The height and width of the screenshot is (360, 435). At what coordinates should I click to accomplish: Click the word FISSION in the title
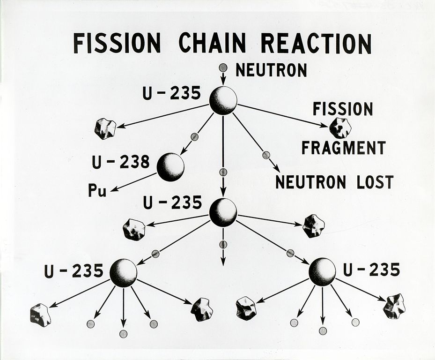pos(117,43)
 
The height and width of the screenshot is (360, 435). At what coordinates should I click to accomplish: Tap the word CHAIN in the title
pos(213,43)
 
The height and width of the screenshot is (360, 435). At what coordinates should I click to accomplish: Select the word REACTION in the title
pos(316,43)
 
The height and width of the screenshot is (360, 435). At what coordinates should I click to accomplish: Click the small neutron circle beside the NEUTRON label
pos(223,67)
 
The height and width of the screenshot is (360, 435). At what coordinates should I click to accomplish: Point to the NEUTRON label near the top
pos(271,70)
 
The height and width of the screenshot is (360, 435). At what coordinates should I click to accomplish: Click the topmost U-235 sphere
pos(223,100)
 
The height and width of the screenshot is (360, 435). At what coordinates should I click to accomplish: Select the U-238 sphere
pos(170,167)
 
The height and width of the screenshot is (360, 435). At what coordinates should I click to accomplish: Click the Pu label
pos(97,190)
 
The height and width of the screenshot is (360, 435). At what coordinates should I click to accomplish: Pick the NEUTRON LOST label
pos(335,182)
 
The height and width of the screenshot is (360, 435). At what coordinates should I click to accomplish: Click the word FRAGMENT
pos(344,148)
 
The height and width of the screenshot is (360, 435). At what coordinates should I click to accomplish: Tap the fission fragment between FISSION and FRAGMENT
pos(340,128)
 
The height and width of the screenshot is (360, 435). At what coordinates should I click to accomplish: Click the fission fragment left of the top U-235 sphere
pos(105,129)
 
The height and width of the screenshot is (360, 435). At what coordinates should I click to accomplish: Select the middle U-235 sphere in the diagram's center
pos(223,212)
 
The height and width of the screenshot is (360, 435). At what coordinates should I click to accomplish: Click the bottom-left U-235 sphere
pos(124,272)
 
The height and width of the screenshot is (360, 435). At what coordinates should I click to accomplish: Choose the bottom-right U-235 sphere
pos(322,271)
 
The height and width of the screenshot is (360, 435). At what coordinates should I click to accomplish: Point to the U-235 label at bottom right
pos(372,270)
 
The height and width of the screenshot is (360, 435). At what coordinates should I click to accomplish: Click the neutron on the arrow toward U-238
pos(194,136)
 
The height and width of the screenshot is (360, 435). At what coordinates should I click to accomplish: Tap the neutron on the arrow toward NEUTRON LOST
pos(266,155)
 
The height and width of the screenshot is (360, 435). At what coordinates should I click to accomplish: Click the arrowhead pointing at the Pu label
pos(114,189)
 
